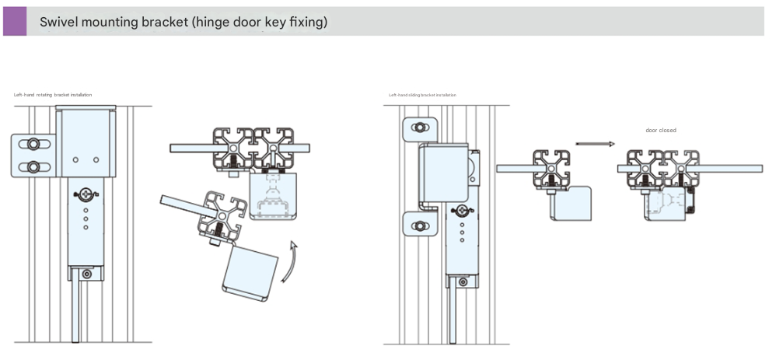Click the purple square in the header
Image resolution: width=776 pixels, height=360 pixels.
click(15, 21)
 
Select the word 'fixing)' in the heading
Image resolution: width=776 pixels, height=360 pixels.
click(308, 22)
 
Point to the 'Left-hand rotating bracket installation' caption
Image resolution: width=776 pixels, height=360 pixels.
click(53, 95)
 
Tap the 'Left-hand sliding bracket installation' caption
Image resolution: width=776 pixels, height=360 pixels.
click(422, 95)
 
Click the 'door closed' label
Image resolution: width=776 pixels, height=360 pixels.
click(661, 130)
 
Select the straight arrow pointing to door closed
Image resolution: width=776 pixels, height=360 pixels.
click(596, 143)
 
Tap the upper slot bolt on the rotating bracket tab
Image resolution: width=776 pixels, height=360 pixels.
click(34, 144)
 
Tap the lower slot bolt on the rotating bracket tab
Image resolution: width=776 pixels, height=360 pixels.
click(34, 166)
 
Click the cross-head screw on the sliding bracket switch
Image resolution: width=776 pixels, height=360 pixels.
click(463, 210)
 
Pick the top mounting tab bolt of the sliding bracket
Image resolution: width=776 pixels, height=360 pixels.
click(420, 128)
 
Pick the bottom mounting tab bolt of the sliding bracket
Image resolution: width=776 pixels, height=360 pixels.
click(420, 226)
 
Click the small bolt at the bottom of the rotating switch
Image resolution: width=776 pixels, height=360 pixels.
click(87, 273)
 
